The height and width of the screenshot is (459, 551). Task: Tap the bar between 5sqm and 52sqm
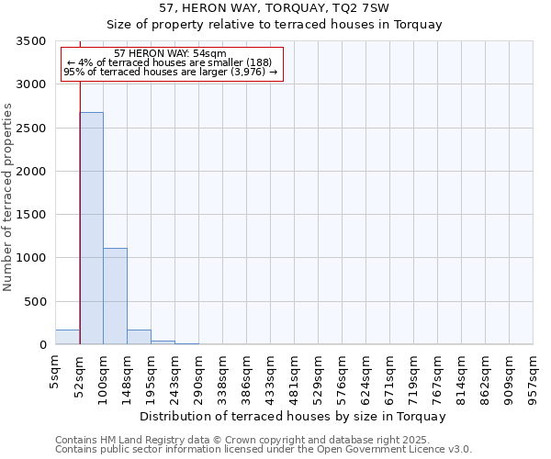(67, 337)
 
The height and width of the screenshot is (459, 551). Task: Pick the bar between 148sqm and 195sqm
(139, 337)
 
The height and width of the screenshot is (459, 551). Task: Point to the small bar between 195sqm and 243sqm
(163, 342)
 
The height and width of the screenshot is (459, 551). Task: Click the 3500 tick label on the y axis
(31, 42)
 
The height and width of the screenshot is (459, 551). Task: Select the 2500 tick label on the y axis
(31, 129)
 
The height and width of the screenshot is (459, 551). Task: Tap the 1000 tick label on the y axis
(31, 259)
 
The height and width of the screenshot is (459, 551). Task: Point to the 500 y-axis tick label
(35, 302)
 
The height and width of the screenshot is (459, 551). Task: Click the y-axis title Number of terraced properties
(9, 196)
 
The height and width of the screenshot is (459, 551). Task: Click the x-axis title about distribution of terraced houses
(294, 416)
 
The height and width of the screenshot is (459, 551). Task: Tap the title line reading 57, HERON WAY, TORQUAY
(275, 7)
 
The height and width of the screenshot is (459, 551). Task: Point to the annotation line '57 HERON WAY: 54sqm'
(171, 54)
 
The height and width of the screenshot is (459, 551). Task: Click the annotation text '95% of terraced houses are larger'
(171, 73)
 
